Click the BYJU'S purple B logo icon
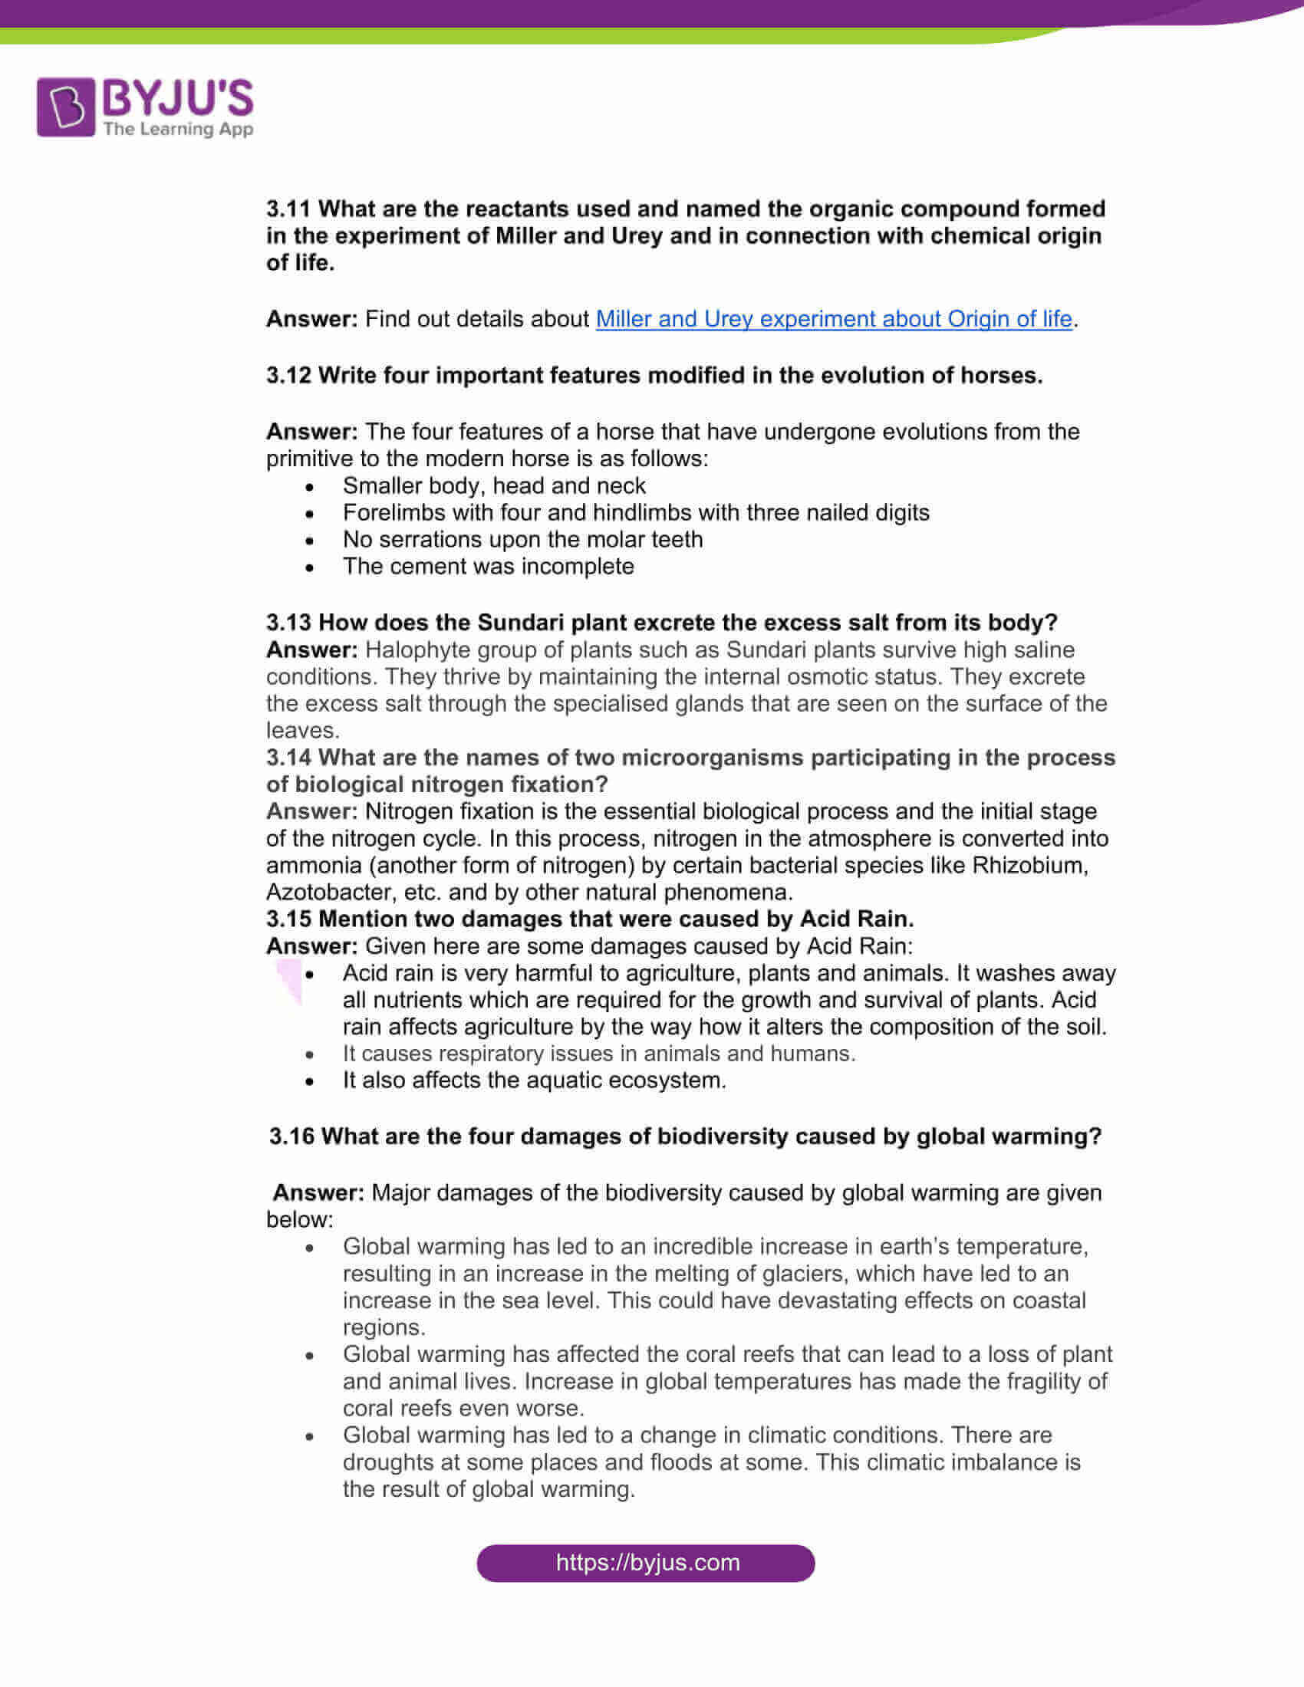tap(67, 107)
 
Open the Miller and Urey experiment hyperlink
tap(834, 319)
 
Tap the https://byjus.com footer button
tap(646, 1563)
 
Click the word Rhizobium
tap(1029, 865)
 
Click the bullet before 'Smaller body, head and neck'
tap(310, 488)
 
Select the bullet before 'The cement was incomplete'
tap(310, 567)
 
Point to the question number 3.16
tap(291, 1136)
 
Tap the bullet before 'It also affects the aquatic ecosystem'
tap(310, 1081)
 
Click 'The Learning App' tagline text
tap(178, 129)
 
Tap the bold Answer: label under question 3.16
tap(318, 1192)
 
